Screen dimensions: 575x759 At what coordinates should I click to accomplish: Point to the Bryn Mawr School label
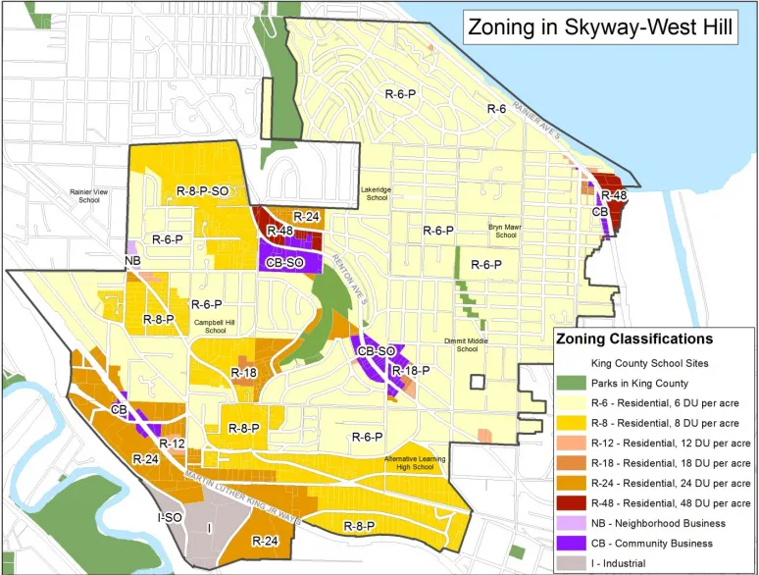click(503, 231)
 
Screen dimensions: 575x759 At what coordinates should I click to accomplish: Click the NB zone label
click(133, 260)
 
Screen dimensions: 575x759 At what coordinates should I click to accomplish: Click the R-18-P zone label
click(410, 371)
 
